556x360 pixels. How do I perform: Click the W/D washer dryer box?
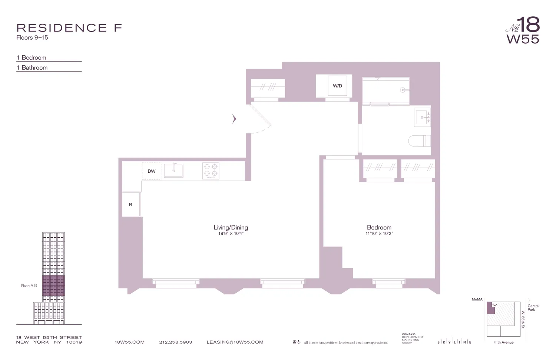337,86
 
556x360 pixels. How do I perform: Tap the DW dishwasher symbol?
152,171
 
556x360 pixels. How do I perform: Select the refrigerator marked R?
130,204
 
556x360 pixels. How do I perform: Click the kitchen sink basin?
173,171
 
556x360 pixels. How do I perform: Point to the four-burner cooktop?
211,171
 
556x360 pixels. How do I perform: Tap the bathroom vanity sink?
423,118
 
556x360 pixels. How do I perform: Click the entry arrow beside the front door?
234,119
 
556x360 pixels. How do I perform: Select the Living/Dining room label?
231,227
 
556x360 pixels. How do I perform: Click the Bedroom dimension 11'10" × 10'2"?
379,234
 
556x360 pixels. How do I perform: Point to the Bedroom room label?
379,227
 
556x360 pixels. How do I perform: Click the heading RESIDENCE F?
69,28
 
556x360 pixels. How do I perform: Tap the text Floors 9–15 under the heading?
32,37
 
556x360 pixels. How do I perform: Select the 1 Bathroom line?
32,67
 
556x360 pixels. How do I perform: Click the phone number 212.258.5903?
176,342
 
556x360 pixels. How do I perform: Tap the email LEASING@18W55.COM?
235,342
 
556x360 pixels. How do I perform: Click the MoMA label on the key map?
477,299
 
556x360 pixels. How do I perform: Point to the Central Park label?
533,308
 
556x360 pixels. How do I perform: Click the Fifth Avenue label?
503,342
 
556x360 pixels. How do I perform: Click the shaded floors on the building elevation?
53,285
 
